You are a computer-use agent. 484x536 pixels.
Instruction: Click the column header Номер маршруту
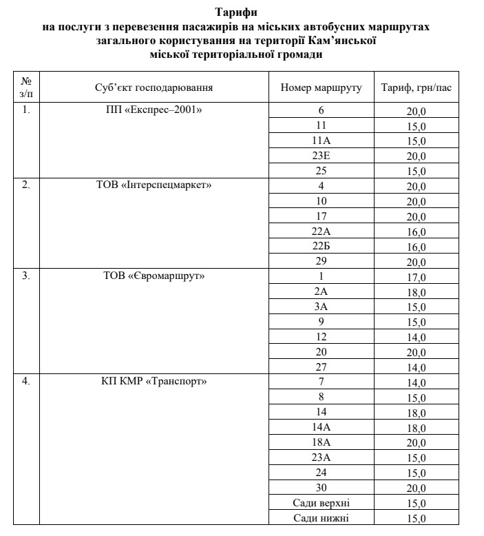pos(321,89)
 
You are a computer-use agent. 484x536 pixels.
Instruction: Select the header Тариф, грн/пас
pos(417,89)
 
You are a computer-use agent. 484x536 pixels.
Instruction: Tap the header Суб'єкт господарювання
pos(153,89)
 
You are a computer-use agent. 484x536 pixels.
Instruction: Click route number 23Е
pos(321,156)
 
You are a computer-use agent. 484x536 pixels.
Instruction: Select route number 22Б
pos(321,246)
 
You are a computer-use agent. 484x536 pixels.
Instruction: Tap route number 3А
pos(321,307)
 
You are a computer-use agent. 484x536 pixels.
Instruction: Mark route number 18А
pos(321,442)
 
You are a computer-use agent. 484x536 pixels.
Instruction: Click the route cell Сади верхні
pos(321,503)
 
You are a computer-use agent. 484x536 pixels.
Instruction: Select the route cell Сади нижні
pos(321,518)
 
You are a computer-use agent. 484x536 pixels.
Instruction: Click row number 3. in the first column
pos(25,276)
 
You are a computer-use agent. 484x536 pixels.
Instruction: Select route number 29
pos(321,261)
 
